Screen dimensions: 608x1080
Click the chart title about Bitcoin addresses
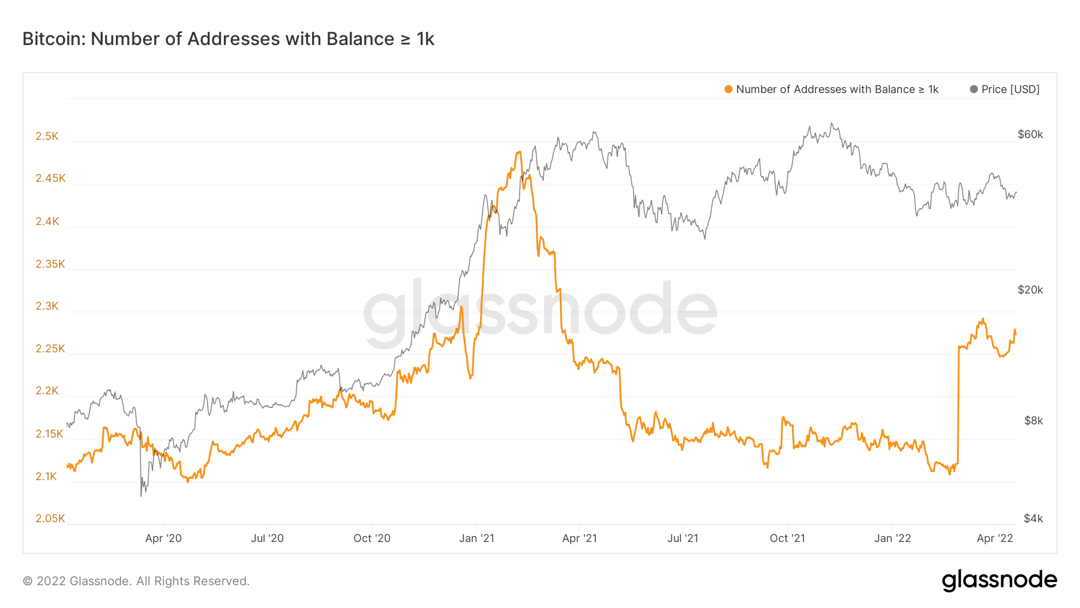[x=228, y=39]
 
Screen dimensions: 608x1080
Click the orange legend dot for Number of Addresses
[x=728, y=89]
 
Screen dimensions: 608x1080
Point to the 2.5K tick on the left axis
[x=47, y=136]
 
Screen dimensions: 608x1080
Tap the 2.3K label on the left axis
[x=47, y=306]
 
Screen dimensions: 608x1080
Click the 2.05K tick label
[x=50, y=519]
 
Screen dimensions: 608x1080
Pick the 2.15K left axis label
[x=49, y=434]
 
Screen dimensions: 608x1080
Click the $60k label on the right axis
[x=1030, y=134]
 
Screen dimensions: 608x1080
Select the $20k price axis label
[x=1030, y=290]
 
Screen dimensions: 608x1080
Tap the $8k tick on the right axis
[x=1033, y=421]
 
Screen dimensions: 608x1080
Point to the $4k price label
[x=1033, y=519]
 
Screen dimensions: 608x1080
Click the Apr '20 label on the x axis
[x=163, y=538]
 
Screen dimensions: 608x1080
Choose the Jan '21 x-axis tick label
[x=476, y=538]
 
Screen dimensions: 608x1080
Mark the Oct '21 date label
[x=787, y=538]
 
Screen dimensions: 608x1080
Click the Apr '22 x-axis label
[x=995, y=538]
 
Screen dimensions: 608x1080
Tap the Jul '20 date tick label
[x=267, y=538]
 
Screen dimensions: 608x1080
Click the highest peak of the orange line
[x=519, y=152]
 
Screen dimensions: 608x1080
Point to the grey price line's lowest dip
[x=141, y=496]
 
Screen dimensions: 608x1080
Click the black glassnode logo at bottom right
[x=999, y=580]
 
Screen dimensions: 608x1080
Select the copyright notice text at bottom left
[x=136, y=581]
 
